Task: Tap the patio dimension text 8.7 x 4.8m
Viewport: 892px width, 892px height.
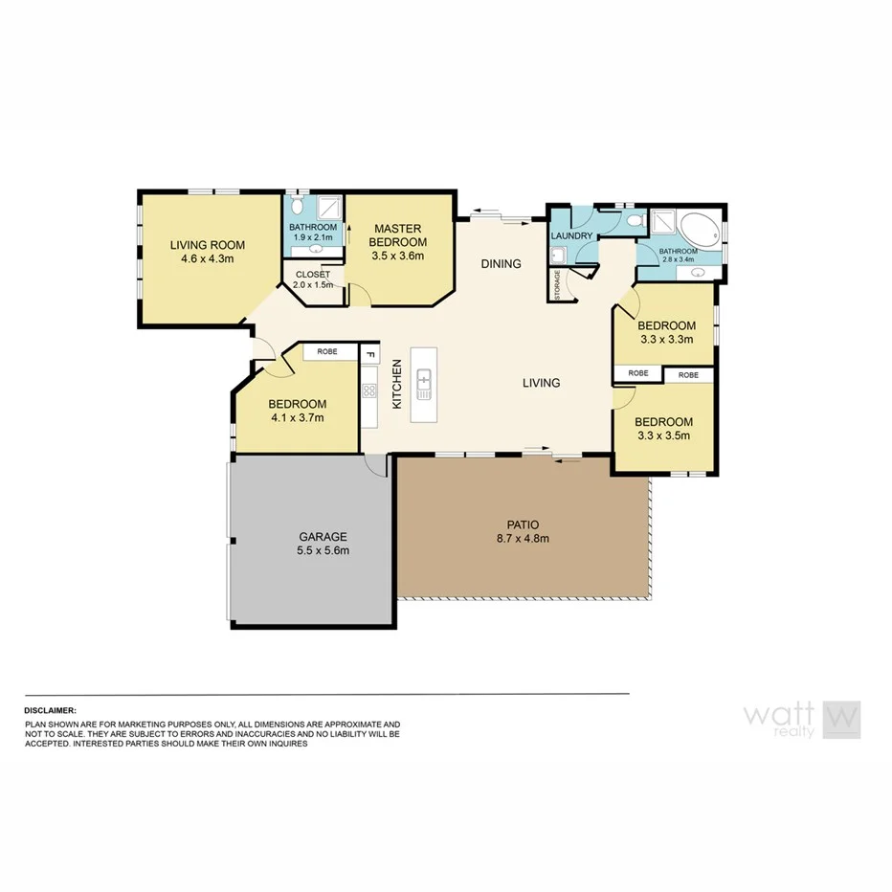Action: coord(523,538)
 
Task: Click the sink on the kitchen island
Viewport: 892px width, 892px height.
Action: coord(423,384)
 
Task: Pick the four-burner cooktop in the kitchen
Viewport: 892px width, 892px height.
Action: coord(368,390)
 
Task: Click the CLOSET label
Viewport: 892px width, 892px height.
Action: coord(313,275)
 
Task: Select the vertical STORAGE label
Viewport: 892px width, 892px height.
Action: coord(558,284)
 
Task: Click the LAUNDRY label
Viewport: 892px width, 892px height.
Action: coord(571,236)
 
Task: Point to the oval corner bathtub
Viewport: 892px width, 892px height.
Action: coord(699,230)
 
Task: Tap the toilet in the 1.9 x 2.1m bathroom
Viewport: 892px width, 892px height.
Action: coord(298,208)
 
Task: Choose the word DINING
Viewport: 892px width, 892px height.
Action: coord(501,264)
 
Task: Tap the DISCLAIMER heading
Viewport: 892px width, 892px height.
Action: coord(50,711)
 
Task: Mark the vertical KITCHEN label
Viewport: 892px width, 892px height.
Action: coord(397,385)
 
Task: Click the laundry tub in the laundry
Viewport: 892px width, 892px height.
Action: coord(558,256)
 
